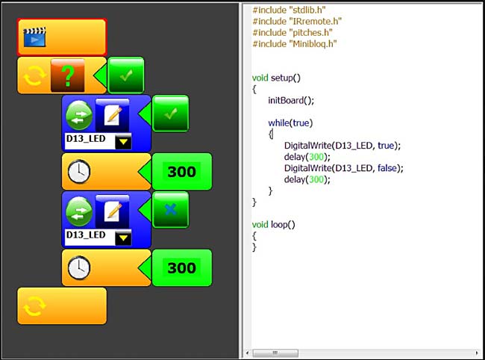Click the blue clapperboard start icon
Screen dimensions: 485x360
tap(34, 37)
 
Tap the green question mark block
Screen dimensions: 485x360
tap(68, 75)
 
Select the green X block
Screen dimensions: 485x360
tap(170, 210)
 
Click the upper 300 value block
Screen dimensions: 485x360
tap(182, 172)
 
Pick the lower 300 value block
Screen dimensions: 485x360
tap(182, 267)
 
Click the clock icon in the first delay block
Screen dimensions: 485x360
tap(79, 172)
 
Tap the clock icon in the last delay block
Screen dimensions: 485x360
tap(79, 267)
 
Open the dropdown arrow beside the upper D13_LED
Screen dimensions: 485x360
tap(123, 142)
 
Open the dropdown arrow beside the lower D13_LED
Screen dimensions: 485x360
tap(123, 238)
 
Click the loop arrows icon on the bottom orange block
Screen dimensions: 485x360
tap(34, 305)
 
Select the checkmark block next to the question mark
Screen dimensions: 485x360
tap(126, 75)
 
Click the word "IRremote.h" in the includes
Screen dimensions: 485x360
tap(315, 22)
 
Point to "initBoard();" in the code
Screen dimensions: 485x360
tap(291, 101)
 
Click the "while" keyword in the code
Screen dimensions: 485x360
tap(278, 123)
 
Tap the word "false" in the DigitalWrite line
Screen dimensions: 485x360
tap(387, 168)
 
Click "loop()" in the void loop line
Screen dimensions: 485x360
tap(283, 224)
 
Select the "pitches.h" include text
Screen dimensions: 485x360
tap(310, 33)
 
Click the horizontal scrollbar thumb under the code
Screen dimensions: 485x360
tap(275, 353)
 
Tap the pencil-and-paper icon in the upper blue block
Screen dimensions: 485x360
tap(112, 115)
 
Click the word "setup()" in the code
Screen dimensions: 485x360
tap(286, 78)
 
